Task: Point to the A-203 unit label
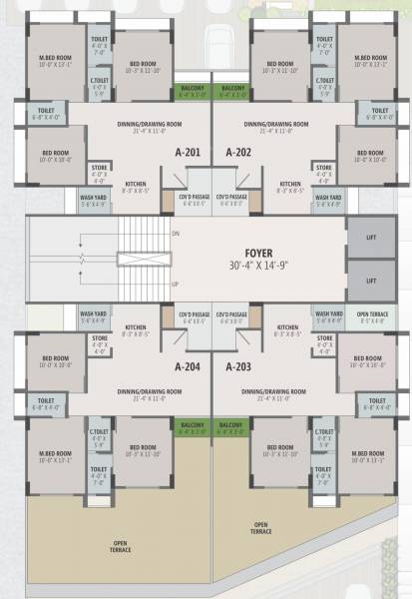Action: tap(237, 366)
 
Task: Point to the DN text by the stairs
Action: tap(176, 233)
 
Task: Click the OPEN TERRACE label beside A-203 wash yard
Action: tap(371, 317)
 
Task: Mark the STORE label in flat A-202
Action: tap(324, 167)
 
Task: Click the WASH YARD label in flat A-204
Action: tap(93, 316)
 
